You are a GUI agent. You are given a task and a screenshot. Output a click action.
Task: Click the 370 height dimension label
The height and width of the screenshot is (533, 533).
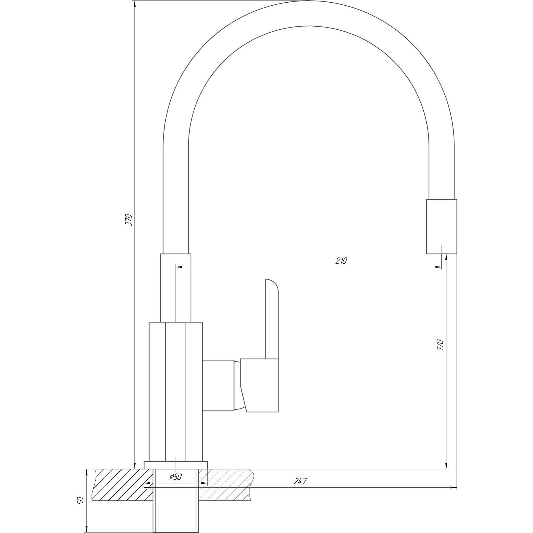129,220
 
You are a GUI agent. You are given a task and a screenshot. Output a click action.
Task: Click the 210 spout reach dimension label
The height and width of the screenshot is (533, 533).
341,261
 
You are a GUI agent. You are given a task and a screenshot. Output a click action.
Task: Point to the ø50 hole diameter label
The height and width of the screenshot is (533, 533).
175,477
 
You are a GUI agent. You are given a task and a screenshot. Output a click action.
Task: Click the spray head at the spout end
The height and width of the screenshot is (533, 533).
441,227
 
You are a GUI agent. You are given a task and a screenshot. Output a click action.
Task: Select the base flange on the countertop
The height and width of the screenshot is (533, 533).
176,465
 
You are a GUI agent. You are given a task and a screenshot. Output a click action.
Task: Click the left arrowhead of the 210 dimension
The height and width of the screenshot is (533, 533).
179,267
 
